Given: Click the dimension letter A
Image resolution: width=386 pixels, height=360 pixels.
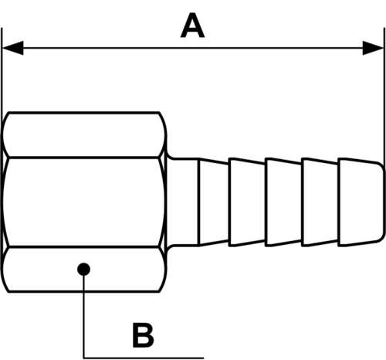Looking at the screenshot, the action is coord(192,25).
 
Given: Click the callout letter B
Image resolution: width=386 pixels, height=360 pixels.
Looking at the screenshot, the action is coord(143,335).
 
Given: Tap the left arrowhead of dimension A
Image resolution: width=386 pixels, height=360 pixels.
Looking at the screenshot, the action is coord(13,48).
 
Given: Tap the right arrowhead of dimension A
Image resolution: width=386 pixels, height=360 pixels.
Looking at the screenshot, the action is coord(373,48).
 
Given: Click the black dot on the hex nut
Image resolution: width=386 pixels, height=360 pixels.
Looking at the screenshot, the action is coord(83,270).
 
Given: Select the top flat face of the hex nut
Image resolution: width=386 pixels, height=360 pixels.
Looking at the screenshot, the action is coord(83,134).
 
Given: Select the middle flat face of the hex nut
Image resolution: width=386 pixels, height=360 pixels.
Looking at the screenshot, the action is coord(83,202).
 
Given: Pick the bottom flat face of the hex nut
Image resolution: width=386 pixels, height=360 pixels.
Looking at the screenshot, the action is coord(83,270).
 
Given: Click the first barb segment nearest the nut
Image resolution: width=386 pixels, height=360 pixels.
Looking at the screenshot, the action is coord(214,202).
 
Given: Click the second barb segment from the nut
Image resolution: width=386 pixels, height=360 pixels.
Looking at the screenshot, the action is coord(248,202).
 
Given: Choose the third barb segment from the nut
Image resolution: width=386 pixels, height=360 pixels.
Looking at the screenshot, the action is coord(284,202).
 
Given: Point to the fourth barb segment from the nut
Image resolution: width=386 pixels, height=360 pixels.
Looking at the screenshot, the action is coord(320,202).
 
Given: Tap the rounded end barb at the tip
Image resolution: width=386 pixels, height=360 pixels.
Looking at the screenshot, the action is coord(361,202).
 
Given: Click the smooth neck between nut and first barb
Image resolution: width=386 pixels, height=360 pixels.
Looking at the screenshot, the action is coord(183,202).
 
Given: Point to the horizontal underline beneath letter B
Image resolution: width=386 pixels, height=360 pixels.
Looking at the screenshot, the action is coord(144,358).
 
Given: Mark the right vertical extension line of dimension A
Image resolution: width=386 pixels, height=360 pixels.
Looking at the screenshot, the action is coord(384,97).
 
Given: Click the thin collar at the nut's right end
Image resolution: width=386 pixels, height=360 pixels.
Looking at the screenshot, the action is coord(166,202).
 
